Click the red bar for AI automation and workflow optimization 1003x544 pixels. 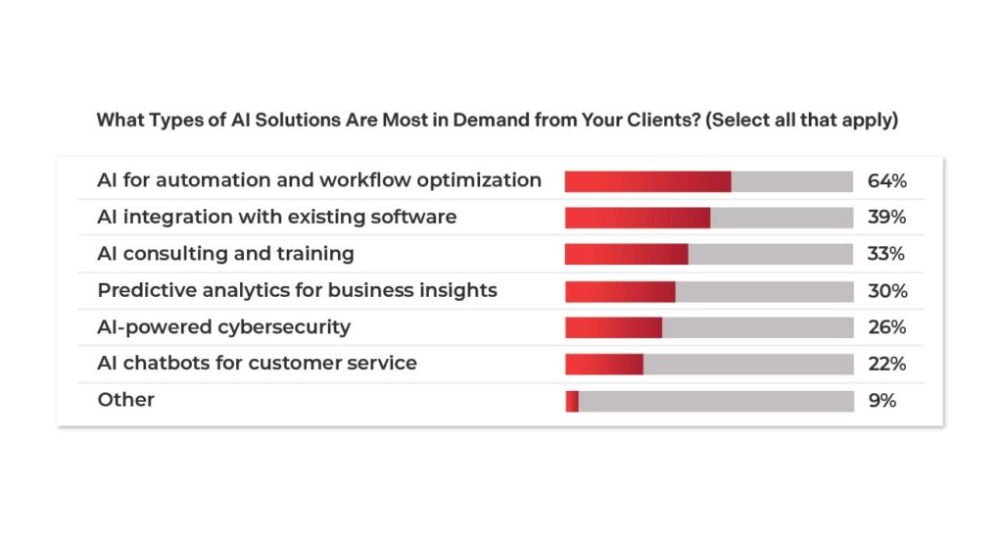pos(647,181)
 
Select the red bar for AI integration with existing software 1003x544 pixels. pos(637,218)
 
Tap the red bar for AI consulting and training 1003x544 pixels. pos(626,254)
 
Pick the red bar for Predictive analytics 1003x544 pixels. pos(620,291)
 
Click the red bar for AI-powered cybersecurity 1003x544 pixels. pos(613,327)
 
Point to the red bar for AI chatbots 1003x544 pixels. pos(603,364)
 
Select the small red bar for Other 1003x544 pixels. pos(572,401)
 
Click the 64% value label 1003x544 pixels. pos(886,181)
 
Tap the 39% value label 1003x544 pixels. pos(886,218)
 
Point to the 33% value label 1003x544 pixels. pos(886,254)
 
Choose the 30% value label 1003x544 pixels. pos(886,291)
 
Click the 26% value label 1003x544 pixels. pos(886,327)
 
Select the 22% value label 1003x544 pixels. pos(886,364)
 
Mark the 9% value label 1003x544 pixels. pos(882,401)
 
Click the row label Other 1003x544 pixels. pos(125,400)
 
